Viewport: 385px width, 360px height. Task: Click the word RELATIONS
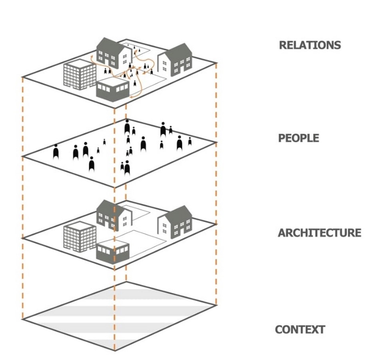(310, 45)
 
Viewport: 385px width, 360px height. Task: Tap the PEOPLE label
(299, 138)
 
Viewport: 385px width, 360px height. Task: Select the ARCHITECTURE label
(319, 233)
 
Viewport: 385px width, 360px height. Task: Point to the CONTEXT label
(300, 330)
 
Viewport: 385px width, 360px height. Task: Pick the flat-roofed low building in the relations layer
(113, 90)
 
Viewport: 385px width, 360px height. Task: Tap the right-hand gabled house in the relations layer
(175, 60)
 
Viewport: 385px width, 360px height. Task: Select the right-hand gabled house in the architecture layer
(175, 222)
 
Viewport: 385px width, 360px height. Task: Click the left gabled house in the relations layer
(114, 53)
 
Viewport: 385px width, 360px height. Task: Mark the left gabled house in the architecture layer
(114, 215)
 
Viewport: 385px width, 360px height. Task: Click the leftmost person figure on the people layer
(56, 152)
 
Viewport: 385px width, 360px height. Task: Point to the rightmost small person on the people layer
(190, 141)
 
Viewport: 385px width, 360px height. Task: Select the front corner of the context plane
(115, 351)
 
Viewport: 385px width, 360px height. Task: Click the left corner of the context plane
(22, 319)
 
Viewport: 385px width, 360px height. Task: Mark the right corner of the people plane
(217, 142)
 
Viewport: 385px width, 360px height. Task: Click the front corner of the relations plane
(115, 108)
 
